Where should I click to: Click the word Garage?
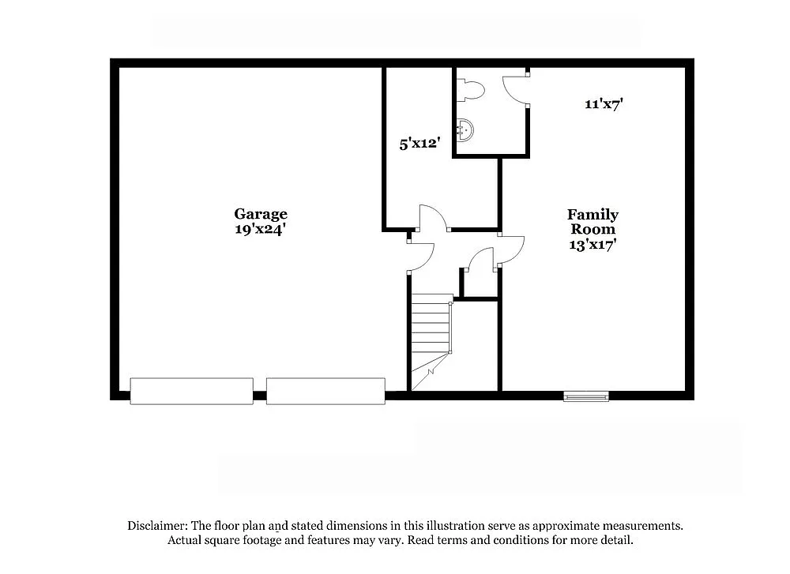pyautogui.click(x=260, y=214)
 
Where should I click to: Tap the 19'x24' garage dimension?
pyautogui.click(x=260, y=229)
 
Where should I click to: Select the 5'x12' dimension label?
pyautogui.click(x=419, y=144)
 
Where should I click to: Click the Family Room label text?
pyautogui.click(x=592, y=222)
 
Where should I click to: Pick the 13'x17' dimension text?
pyautogui.click(x=592, y=245)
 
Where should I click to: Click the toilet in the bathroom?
pyautogui.click(x=472, y=90)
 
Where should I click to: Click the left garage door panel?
pyautogui.click(x=191, y=391)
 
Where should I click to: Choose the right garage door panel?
pyautogui.click(x=325, y=391)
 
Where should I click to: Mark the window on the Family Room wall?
pyautogui.click(x=586, y=396)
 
